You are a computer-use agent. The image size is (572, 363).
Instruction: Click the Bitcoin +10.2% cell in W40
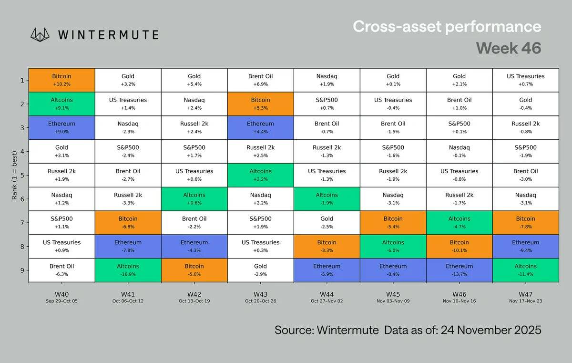61,80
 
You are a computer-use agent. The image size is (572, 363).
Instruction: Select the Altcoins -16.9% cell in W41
128,270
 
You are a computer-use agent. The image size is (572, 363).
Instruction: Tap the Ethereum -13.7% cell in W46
459,270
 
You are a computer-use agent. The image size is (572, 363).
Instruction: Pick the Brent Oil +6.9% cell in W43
260,80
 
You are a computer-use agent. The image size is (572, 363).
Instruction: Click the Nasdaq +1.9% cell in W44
327,80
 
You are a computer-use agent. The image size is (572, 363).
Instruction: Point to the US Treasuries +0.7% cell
525,80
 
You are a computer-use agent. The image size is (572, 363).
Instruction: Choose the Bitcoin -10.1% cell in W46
459,246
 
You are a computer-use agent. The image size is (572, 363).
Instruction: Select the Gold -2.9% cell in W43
260,270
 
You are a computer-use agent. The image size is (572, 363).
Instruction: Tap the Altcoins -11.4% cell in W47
525,270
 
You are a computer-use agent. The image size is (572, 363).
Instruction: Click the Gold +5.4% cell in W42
194,80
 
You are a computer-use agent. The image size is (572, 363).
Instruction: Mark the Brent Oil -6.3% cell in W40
61,270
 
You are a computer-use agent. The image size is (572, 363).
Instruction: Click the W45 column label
393,294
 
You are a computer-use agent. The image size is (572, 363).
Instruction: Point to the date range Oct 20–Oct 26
260,301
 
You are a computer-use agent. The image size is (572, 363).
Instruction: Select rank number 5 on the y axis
22,175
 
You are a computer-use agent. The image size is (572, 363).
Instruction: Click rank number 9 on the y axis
22,270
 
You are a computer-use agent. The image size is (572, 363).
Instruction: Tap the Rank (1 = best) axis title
14,176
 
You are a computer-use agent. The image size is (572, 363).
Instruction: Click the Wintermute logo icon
40,34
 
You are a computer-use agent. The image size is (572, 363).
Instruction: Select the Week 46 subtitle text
508,48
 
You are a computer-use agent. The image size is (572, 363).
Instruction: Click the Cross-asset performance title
447,26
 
